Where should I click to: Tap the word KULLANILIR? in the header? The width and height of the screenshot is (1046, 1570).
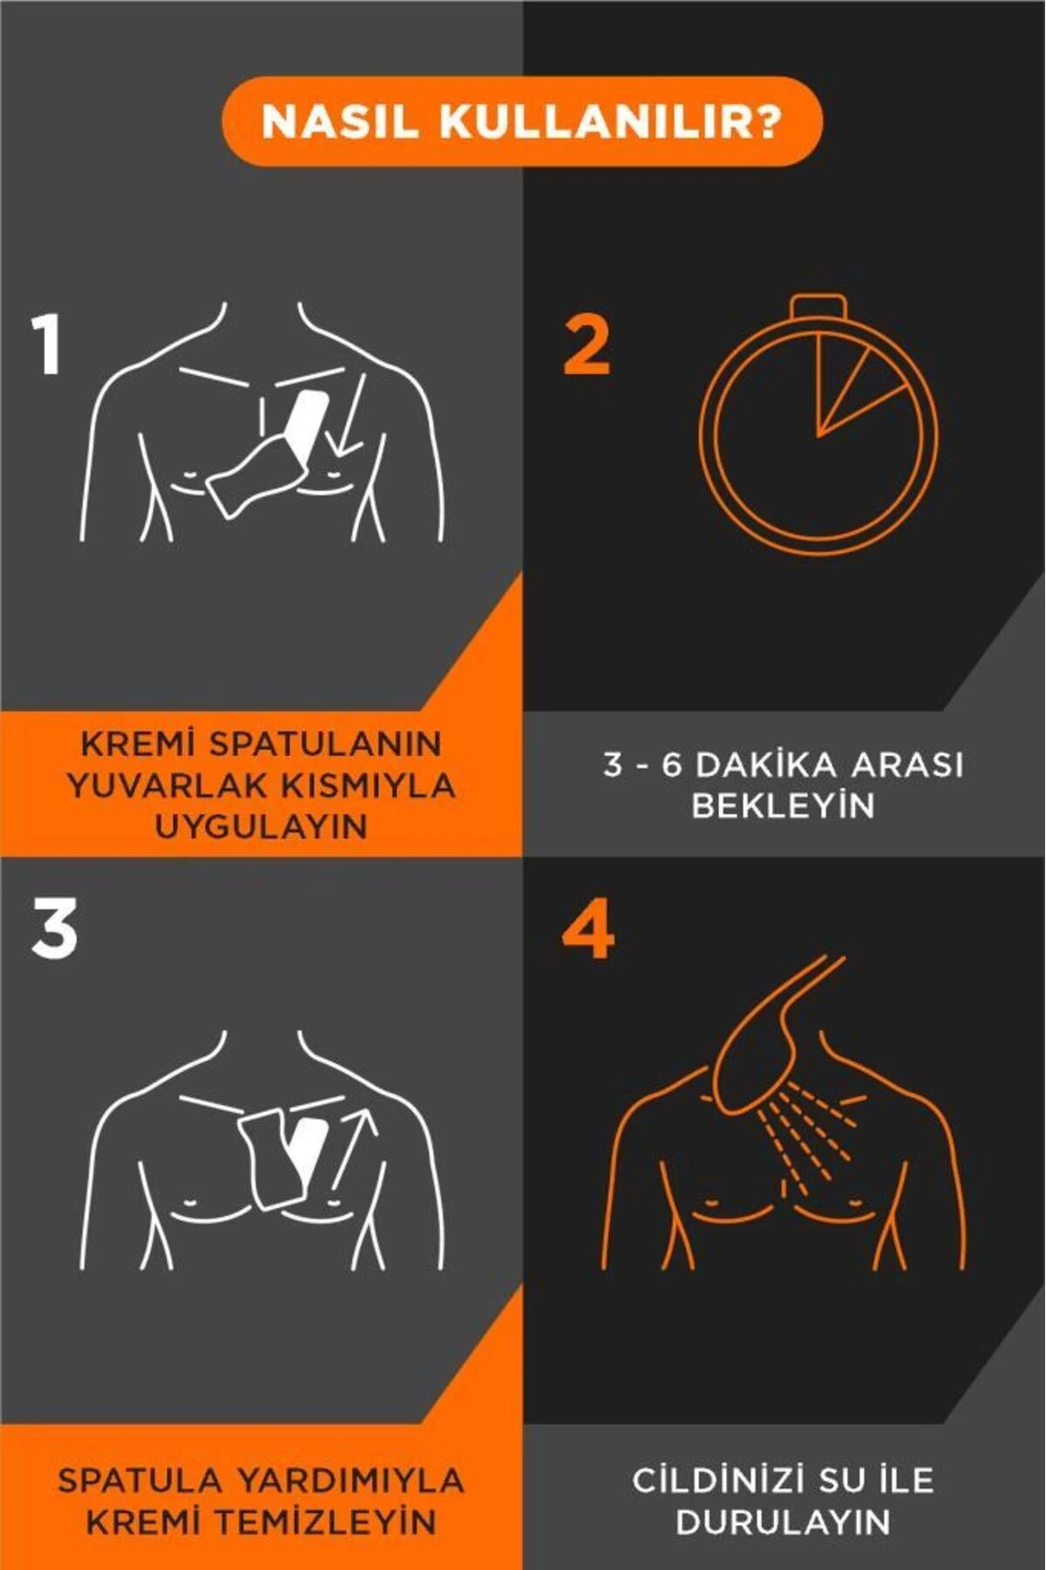pyautogui.click(x=610, y=121)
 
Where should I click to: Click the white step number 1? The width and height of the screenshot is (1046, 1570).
pyautogui.click(x=46, y=345)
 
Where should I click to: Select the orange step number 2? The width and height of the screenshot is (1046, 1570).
pyautogui.click(x=587, y=345)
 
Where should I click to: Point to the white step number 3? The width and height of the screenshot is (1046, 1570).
pyautogui.click(x=54, y=930)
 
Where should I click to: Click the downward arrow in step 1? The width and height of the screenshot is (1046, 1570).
pyautogui.click(x=350, y=414)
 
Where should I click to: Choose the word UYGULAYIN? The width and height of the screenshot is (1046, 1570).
pyautogui.click(x=261, y=826)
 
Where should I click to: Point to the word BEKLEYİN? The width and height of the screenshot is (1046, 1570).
pyautogui.click(x=783, y=805)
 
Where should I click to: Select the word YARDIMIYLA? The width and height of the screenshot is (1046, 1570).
pyautogui.click(x=351, y=1480)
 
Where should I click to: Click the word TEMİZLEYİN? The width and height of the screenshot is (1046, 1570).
pyautogui.click(x=325, y=1522)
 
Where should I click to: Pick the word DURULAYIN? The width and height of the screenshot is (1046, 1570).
pyautogui.click(x=783, y=1522)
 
